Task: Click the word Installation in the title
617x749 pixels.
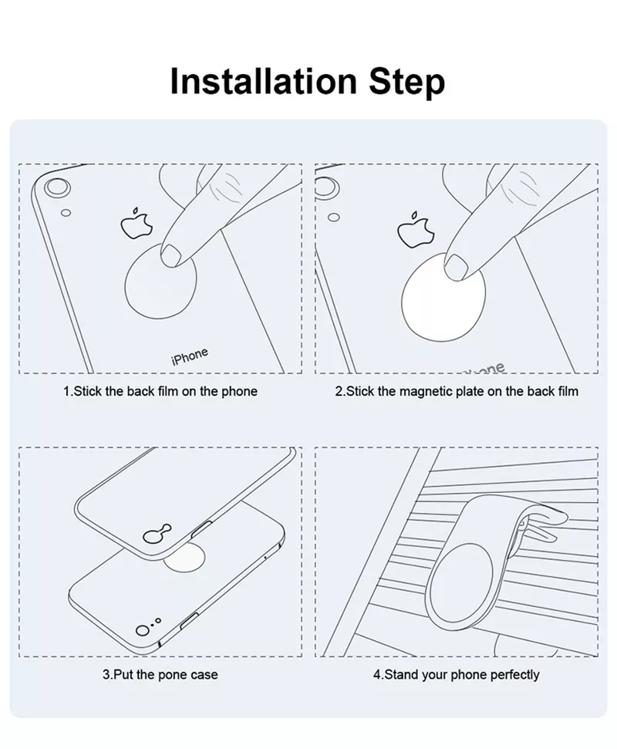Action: point(263,81)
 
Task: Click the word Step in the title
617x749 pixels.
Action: point(406,83)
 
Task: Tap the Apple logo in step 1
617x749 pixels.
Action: point(137,223)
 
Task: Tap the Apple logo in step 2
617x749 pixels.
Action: point(416,230)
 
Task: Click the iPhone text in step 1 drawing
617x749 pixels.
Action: point(190,356)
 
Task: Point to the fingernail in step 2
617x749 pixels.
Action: point(456,267)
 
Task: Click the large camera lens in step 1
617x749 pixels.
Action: point(57,187)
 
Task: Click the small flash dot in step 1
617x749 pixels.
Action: point(66,213)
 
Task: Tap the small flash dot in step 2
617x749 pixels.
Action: point(334,218)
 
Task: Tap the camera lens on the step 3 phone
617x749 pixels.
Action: point(143,630)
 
